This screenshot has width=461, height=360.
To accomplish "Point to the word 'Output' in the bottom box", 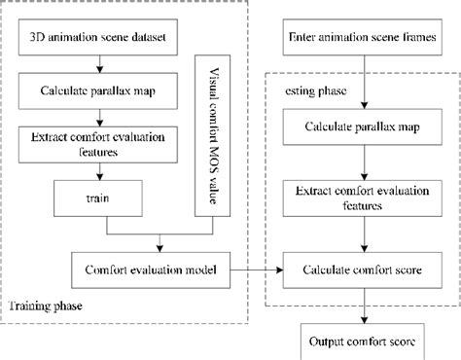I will tap(327, 342).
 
